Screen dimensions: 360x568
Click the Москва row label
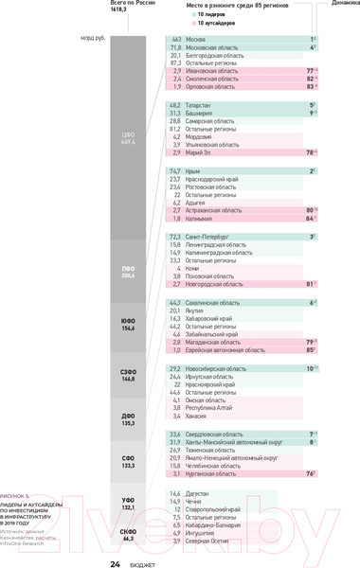coord(196,39)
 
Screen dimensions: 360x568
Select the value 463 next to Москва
coord(175,39)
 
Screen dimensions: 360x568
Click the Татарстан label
coord(199,106)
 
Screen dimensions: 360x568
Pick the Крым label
coord(193,171)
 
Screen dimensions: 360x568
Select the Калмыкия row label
coord(200,218)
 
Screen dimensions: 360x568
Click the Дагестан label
coord(199,494)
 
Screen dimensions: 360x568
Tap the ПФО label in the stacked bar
coord(129,270)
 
